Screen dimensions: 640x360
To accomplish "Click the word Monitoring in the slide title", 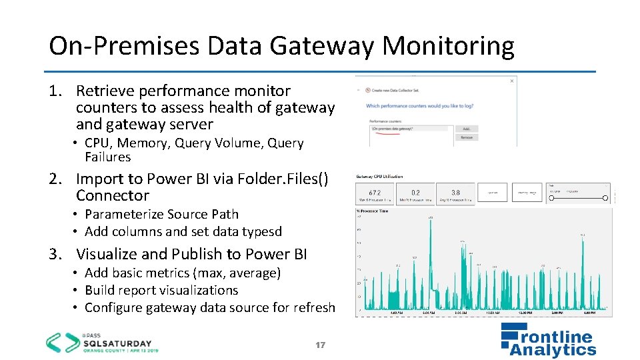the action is (448, 46).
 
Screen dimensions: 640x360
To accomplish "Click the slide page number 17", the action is (320, 345).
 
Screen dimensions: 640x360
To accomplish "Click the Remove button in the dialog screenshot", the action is (466, 137).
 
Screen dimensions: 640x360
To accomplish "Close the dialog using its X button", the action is (512, 81).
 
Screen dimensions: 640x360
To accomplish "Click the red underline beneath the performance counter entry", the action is (385, 133).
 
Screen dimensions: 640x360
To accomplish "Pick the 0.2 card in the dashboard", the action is (415, 193).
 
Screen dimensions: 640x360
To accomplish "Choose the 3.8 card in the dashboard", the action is (455, 193).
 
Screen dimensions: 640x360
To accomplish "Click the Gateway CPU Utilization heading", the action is (380, 177).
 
